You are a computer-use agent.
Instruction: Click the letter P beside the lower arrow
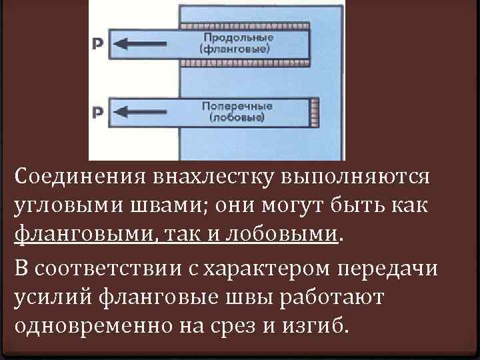(x=97, y=113)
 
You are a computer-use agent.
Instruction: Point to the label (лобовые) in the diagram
(x=237, y=118)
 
